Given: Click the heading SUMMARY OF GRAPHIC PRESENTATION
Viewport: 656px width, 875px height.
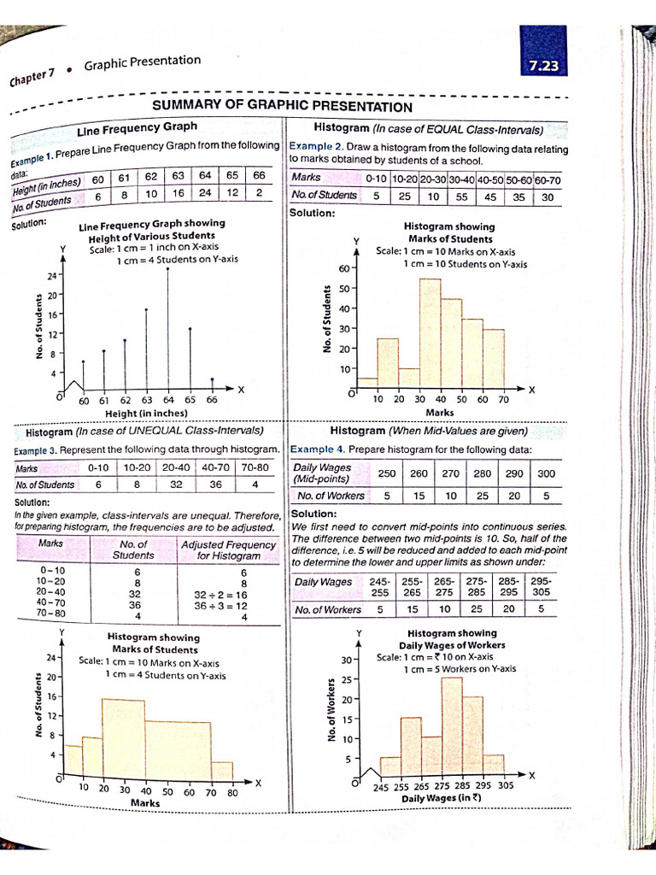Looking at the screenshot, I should (282, 107).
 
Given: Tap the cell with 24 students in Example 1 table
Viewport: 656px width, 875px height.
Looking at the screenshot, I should (205, 195).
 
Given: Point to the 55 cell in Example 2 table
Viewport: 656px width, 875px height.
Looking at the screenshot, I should (462, 195).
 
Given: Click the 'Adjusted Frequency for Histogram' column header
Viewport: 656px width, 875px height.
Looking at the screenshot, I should (227, 549).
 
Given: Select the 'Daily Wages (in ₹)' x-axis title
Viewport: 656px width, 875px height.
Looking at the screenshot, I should (442, 799).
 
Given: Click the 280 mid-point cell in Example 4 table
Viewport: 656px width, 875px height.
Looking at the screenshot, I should (482, 473).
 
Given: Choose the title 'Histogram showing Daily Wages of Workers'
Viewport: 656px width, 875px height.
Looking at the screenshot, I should (452, 639).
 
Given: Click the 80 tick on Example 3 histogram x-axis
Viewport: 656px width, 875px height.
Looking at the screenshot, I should (233, 790).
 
